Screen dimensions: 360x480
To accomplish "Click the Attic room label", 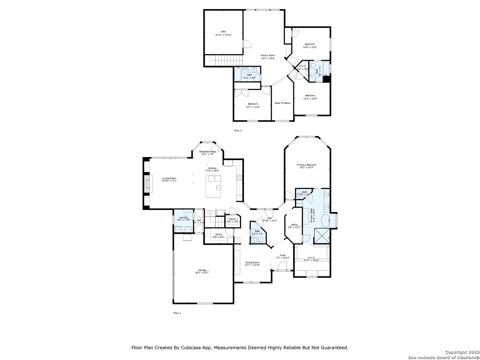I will point(223,32).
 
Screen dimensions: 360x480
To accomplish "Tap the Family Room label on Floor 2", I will point(268,55).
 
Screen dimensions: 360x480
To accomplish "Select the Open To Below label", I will point(282,103).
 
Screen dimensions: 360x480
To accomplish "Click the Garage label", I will point(202,270).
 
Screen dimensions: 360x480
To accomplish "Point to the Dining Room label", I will point(252,262).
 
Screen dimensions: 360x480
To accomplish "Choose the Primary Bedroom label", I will point(307,165).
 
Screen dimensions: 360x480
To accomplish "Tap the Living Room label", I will point(169,178).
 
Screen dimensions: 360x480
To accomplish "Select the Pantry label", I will point(233,219).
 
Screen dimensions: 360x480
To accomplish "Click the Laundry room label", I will point(183,217).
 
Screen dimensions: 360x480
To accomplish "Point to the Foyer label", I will point(283,255).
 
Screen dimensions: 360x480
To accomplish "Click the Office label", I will point(294,225).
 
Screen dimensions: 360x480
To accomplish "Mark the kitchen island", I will point(214,186).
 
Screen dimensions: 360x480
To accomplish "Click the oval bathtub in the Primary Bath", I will point(325,221).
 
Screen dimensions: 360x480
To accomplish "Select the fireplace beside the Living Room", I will point(147,184).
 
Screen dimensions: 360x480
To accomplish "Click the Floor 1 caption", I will point(177,313).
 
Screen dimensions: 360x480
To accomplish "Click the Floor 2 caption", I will point(237,130).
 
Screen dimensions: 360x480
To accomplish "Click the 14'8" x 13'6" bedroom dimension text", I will point(310,47).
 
